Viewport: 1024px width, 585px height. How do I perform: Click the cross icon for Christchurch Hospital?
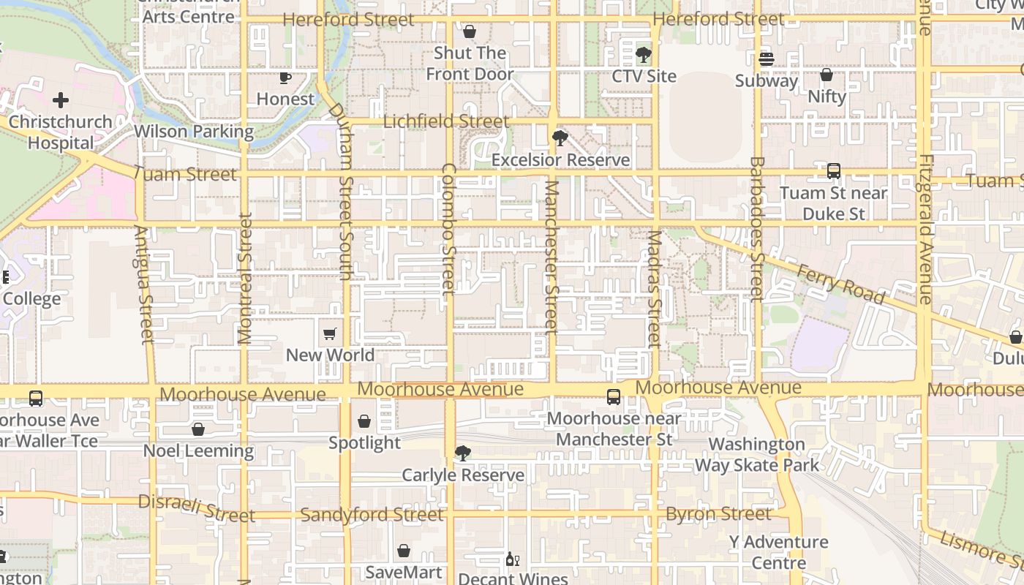point(61,99)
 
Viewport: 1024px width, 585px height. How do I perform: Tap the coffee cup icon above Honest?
point(285,78)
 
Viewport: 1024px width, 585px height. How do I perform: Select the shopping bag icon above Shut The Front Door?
point(470,32)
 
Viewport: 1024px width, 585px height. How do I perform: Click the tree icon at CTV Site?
point(644,55)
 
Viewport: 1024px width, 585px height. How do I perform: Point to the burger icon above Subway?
point(766,59)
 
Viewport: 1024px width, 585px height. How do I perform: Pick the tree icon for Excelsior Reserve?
point(560,137)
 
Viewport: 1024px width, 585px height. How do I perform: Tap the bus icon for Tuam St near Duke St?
point(833,171)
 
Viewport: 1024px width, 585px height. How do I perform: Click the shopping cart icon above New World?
point(330,334)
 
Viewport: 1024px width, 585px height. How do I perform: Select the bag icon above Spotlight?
point(364,422)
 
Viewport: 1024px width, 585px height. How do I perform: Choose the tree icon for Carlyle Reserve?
point(462,453)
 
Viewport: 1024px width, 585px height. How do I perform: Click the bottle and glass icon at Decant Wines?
point(513,559)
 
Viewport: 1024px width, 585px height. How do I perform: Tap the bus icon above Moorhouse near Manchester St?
point(614,397)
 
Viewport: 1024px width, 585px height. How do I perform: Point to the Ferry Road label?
point(841,284)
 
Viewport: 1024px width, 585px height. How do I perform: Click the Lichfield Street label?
point(446,121)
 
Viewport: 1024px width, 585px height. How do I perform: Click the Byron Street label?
point(718,514)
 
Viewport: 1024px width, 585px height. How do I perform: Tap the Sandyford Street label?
point(372,515)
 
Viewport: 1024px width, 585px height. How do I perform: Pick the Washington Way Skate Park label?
point(756,454)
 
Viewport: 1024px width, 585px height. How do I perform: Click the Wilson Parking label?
point(194,132)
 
